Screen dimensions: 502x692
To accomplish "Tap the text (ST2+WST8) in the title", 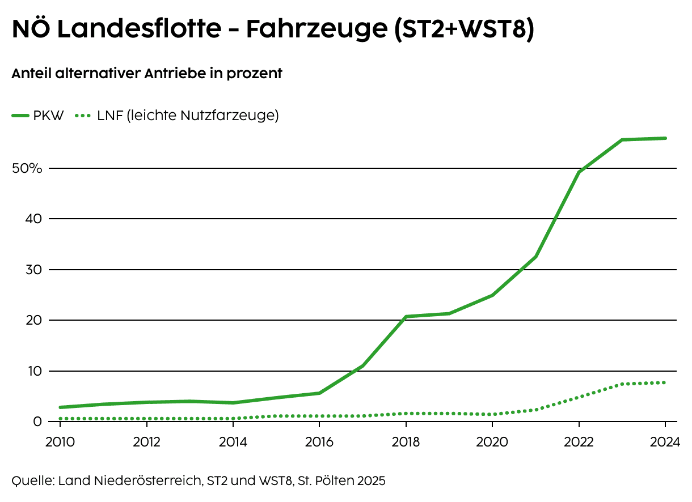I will click(x=463, y=29).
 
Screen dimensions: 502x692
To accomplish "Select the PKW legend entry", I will click(x=39, y=116).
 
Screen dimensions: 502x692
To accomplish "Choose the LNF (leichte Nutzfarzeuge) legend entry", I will click(x=176, y=116).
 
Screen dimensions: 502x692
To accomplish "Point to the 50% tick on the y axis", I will click(x=27, y=168).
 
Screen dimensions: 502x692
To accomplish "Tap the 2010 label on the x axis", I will click(x=60, y=442).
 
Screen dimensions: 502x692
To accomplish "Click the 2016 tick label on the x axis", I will click(x=319, y=442).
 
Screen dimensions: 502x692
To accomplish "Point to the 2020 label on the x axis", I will click(x=492, y=442).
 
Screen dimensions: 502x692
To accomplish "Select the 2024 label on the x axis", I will click(x=665, y=442).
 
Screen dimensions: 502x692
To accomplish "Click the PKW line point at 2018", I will click(x=406, y=317).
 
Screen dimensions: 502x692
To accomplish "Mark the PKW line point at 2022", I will click(x=579, y=172).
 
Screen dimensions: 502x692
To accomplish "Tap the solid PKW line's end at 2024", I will click(x=665, y=138).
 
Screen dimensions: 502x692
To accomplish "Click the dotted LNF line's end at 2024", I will click(x=665, y=382).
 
